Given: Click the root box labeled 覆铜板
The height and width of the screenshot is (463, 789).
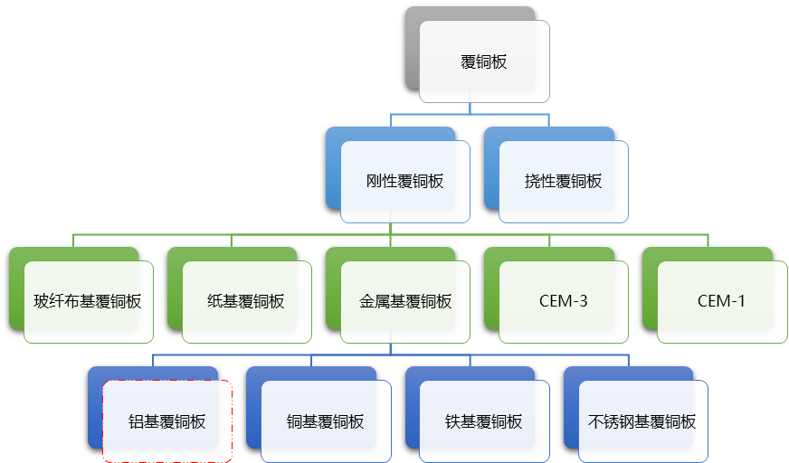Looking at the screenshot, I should click(484, 61).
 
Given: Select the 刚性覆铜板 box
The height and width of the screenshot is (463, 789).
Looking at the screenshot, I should click(404, 181).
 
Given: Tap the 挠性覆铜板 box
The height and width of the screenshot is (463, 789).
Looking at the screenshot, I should click(563, 181).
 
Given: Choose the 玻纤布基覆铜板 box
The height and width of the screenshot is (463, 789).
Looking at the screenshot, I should click(88, 301).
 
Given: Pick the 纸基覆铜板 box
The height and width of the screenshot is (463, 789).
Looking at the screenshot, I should click(246, 301).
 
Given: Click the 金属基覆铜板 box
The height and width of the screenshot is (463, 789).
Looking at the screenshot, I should click(404, 301).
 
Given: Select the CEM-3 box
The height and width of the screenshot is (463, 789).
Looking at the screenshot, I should click(563, 301).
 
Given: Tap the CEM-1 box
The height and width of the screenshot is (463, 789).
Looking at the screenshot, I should click(721, 301).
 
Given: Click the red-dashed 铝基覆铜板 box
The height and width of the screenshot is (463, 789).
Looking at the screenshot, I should click(167, 421).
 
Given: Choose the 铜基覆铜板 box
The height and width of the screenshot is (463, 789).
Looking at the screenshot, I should click(326, 421).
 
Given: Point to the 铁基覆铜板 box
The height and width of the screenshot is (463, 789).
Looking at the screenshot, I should click(484, 421).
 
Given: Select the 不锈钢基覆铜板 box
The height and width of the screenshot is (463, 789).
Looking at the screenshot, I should click(642, 421).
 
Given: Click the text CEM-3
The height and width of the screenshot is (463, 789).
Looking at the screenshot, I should click(563, 301).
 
